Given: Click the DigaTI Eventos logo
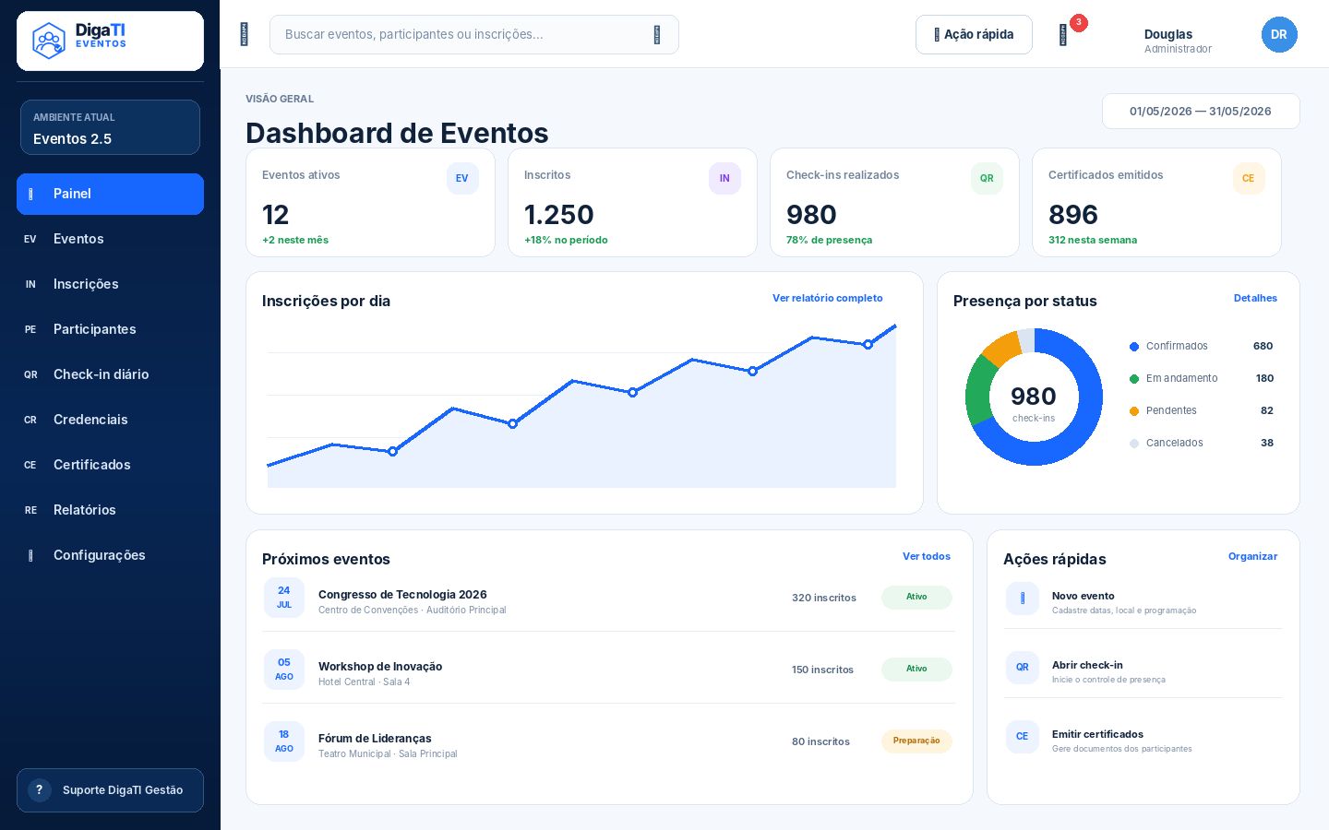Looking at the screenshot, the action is tap(79, 41).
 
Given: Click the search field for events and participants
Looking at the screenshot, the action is tap(474, 34).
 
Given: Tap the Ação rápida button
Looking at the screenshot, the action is tap(974, 34).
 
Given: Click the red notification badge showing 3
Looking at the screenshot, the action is tap(1079, 22).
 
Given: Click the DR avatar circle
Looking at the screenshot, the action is tap(1279, 34).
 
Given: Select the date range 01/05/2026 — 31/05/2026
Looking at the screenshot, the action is tap(1201, 111).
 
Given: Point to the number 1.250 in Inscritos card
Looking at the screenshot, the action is tap(559, 215).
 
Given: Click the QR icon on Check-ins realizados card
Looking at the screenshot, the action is tap(987, 178).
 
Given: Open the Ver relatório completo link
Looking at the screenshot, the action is tap(828, 298).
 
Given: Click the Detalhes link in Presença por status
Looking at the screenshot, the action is tap(1255, 298).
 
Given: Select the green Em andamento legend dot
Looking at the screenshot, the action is tap(1133, 379).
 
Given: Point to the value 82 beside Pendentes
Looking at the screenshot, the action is tap(1266, 410).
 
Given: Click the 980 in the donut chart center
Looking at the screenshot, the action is tap(1034, 396).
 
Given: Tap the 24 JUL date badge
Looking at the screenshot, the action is tap(284, 598).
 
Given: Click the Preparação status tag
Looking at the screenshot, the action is tap(916, 741).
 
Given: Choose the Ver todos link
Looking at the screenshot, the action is tap(927, 556).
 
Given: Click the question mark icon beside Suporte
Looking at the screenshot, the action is tap(39, 789).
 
